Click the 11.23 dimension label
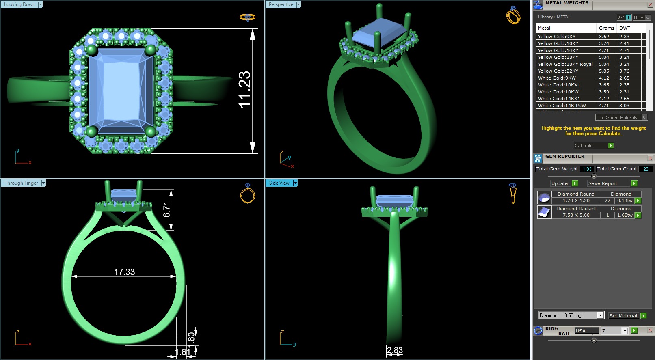[244, 89]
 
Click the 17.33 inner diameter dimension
[124, 272]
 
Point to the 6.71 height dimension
[166, 209]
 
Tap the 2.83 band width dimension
[395, 350]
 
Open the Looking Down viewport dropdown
[40, 4]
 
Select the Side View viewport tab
[279, 183]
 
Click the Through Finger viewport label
[21, 183]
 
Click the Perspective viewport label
[281, 4]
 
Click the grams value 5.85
[604, 71]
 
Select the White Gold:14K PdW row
[562, 106]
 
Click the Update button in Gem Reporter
[560, 183]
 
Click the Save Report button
[603, 183]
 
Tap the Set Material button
[623, 316]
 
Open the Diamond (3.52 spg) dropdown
[600, 315]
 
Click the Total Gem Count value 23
[646, 169]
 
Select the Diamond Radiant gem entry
[576, 209]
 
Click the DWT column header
[625, 28]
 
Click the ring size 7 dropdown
[625, 331]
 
